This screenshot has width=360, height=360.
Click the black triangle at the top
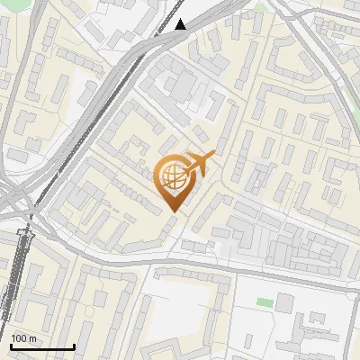tap(181, 24)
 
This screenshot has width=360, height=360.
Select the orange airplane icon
tap(198, 164)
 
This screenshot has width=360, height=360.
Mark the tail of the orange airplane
tap(186, 167)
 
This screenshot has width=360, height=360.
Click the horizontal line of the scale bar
tap(42, 347)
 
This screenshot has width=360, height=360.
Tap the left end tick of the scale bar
tap(11, 346)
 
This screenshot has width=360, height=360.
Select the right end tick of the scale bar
tap(74, 346)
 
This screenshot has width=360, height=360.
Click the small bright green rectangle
tap(263, 301)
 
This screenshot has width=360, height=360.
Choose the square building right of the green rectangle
tap(284, 303)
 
